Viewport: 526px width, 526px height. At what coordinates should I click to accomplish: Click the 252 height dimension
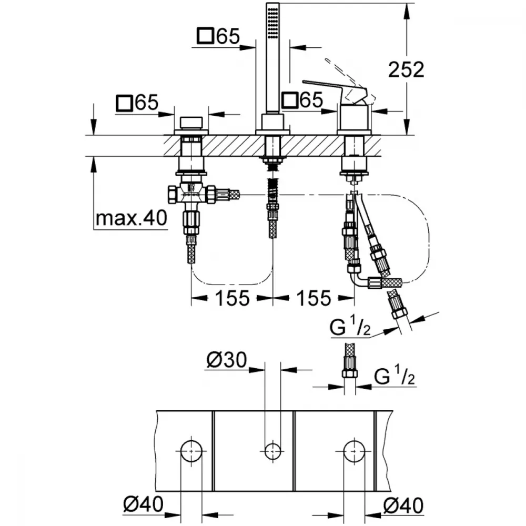point(406,70)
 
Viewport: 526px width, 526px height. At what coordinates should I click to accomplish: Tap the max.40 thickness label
point(131,218)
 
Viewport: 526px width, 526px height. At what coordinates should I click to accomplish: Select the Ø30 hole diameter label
point(227,360)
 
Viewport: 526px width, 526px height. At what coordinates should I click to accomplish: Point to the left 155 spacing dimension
point(232,298)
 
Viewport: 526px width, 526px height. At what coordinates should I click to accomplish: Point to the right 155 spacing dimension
point(313,298)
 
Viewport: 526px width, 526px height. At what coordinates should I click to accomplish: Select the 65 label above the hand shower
point(219,36)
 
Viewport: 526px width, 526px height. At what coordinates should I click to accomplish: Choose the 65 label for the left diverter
point(137,103)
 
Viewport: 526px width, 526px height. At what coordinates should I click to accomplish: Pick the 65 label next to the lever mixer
point(302,99)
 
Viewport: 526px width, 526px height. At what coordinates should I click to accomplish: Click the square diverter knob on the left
point(191,123)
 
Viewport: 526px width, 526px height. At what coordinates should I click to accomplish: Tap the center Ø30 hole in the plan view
point(272,451)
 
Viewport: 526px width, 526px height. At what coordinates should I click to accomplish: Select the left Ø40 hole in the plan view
point(191,451)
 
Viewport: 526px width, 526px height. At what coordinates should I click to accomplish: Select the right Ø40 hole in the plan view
point(354,451)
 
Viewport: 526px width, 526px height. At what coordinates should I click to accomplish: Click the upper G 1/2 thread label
point(350,327)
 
